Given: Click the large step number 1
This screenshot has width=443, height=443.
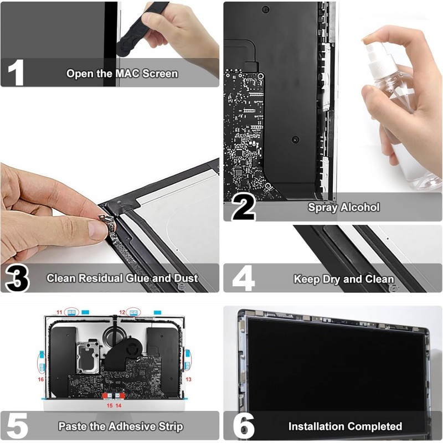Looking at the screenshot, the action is [x=16, y=73].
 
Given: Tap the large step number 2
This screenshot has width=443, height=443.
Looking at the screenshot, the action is [x=243, y=208].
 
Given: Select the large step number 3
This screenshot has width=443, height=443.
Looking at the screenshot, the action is [x=17, y=279].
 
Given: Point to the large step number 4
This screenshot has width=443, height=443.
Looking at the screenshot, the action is [x=243, y=279].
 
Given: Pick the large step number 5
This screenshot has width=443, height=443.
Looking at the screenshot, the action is [x=17, y=426].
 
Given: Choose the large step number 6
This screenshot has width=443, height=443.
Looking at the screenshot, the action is [x=244, y=426].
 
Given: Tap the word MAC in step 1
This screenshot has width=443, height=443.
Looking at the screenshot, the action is [x=127, y=74].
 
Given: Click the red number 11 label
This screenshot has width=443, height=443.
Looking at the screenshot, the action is [x=59, y=312].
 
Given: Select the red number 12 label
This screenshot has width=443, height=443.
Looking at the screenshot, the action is [x=122, y=312].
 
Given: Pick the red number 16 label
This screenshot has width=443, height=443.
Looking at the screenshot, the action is [x=40, y=379].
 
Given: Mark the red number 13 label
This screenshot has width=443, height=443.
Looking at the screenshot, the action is [x=188, y=379].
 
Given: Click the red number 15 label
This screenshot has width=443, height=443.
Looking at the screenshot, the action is [x=109, y=405].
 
